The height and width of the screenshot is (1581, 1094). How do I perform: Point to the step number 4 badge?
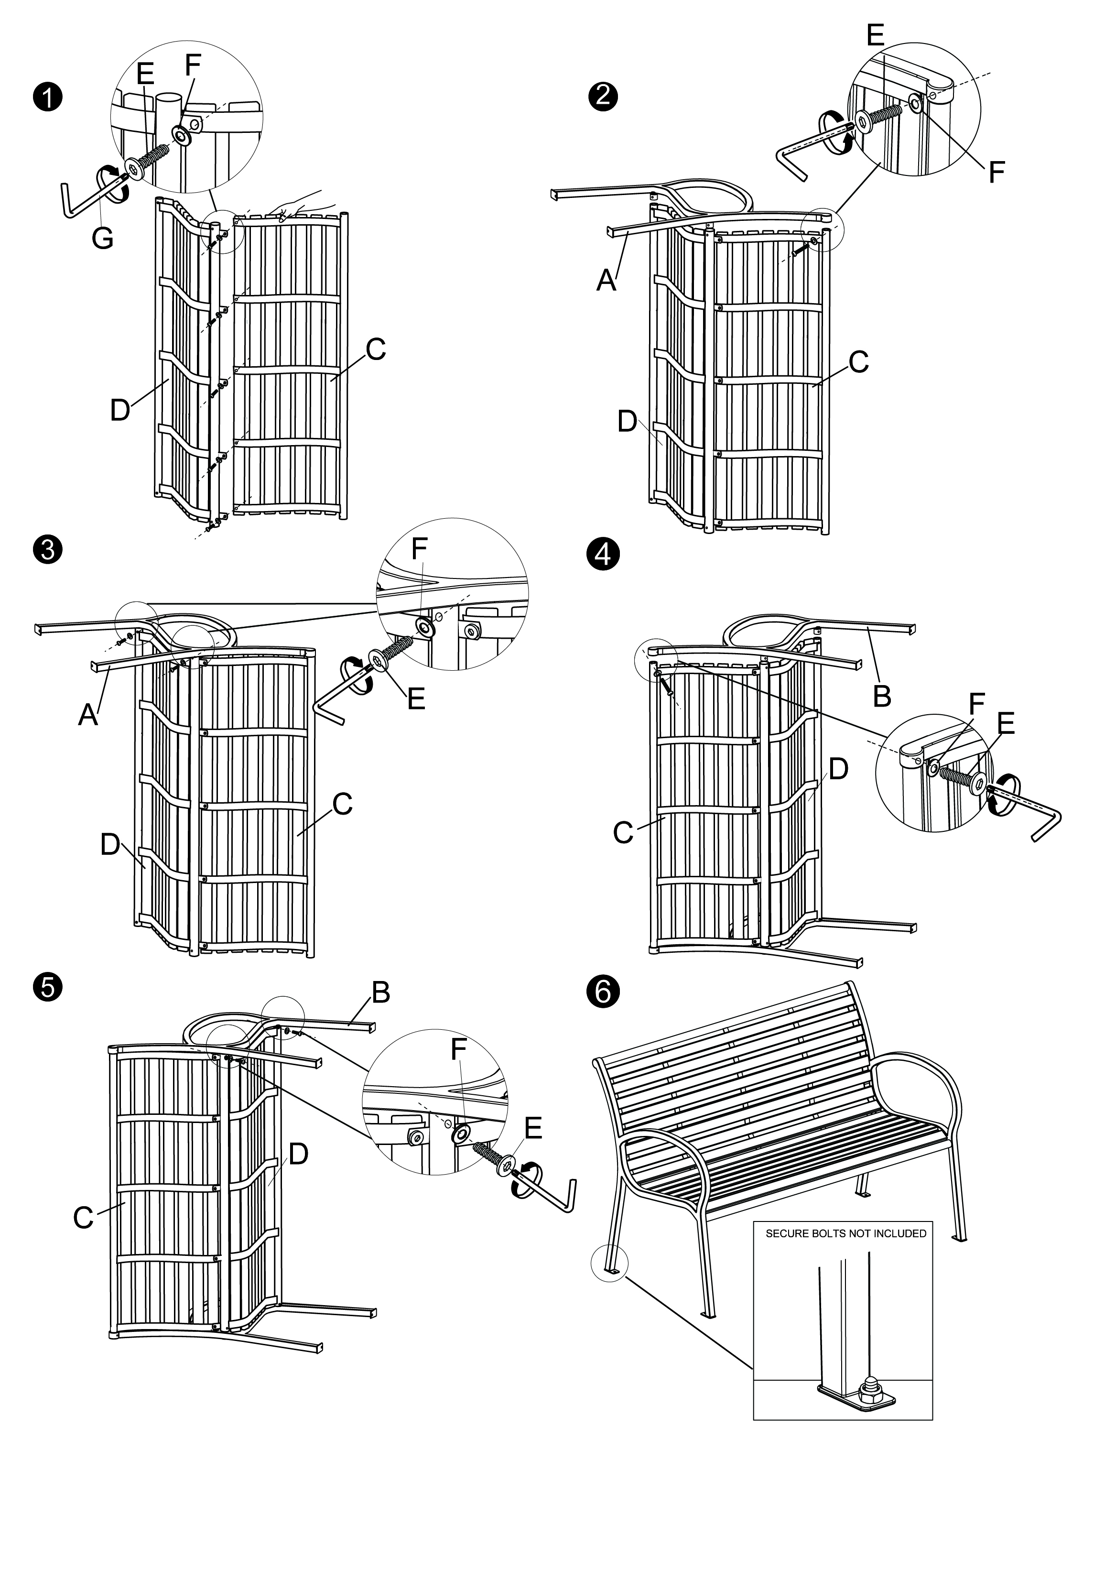coord(603,554)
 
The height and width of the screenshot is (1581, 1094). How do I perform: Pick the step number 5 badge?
coord(47,987)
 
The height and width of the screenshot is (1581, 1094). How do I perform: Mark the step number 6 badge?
coord(603,992)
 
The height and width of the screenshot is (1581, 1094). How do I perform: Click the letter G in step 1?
coord(103,238)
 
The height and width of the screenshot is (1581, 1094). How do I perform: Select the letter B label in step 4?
coord(882,696)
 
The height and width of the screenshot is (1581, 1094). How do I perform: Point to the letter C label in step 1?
coord(376,349)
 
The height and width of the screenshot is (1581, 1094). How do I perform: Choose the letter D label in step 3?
coord(110,845)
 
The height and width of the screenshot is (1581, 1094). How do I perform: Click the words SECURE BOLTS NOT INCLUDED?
coord(846,1233)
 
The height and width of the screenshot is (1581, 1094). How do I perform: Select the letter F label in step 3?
coord(419,548)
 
